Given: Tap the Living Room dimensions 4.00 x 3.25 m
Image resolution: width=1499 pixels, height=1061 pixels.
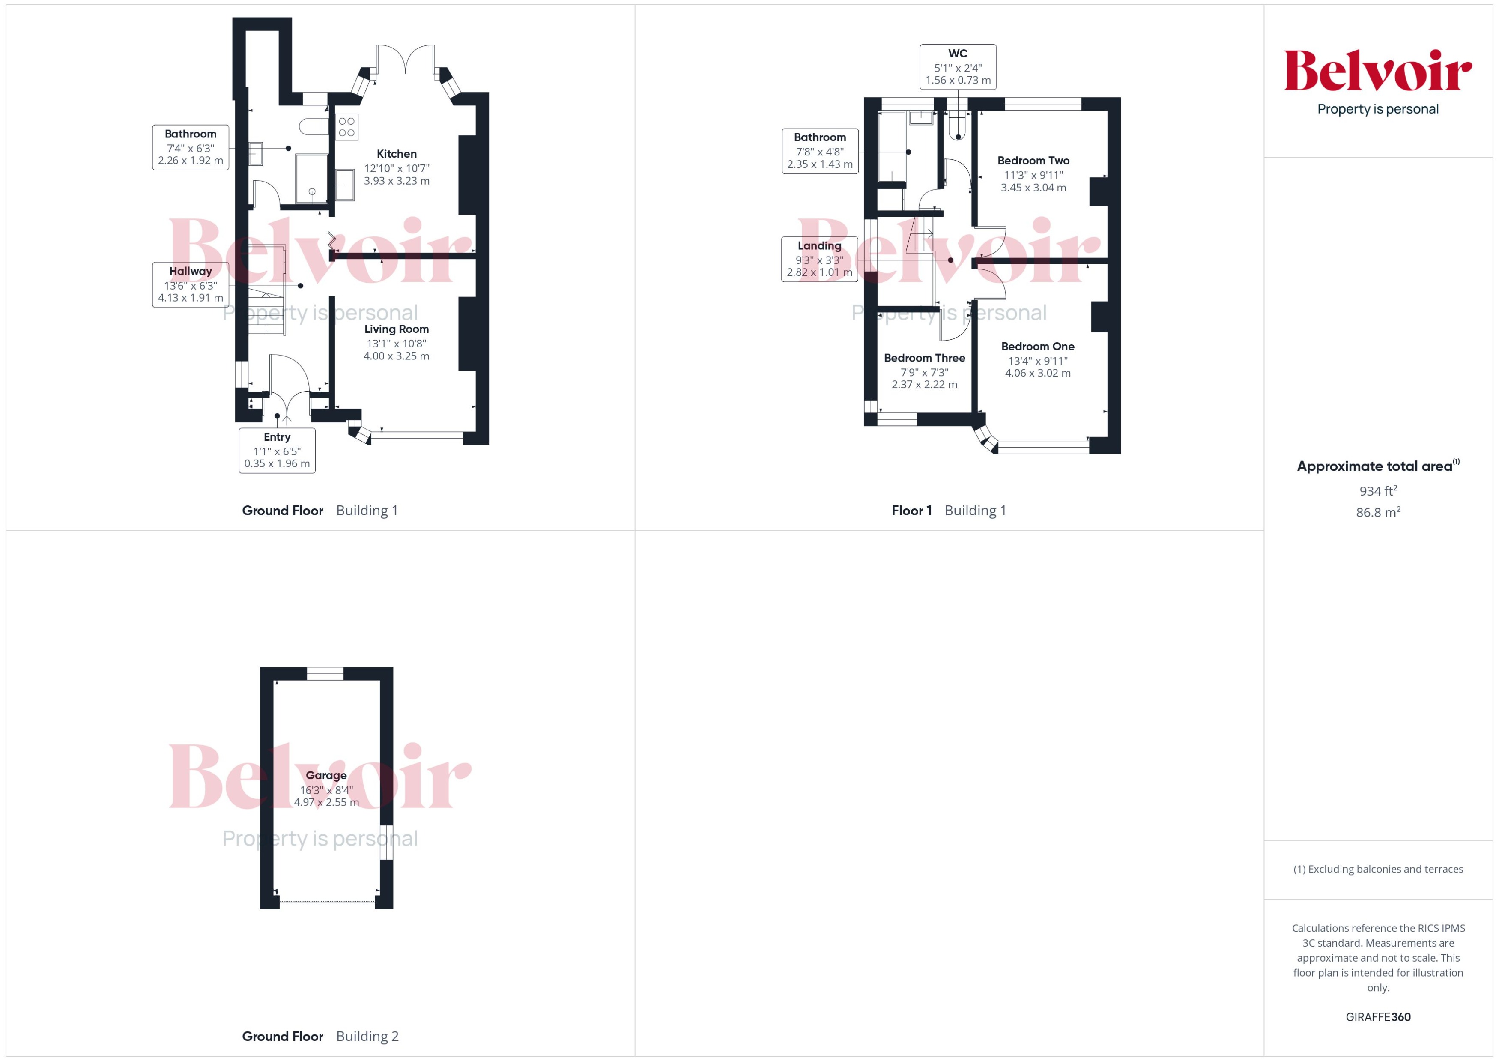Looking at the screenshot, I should click(x=397, y=356).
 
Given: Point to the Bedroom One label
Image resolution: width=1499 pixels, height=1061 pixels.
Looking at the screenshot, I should click(x=1037, y=346).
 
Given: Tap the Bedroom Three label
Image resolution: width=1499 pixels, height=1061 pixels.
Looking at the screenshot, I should click(x=924, y=358).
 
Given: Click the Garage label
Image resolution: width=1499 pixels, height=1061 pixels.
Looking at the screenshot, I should click(x=326, y=775).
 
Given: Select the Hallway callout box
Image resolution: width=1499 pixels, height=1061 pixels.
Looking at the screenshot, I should click(x=191, y=284).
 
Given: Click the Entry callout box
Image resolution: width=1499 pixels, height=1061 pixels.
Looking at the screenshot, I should click(x=277, y=450).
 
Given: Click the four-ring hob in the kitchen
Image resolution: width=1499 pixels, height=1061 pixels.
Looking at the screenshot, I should click(x=347, y=127).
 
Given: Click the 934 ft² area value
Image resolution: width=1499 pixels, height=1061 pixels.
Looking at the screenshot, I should click(x=1378, y=490).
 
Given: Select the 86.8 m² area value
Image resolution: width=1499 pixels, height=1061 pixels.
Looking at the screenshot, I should click(x=1378, y=512).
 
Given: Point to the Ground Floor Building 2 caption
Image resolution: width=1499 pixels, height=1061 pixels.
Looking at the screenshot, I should click(x=320, y=1036).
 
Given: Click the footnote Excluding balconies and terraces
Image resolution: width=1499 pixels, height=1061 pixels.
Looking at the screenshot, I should click(x=1378, y=869).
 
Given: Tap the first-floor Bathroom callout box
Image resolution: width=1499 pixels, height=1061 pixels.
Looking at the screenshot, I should click(x=820, y=151).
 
